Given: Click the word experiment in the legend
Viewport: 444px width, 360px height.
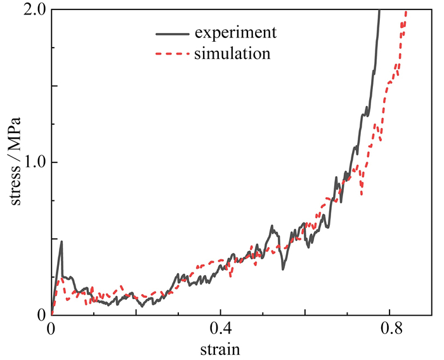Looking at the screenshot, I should [x=236, y=32].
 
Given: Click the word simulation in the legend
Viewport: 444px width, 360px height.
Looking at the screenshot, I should [x=233, y=54].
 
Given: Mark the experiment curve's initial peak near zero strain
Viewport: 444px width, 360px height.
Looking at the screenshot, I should [x=62, y=241].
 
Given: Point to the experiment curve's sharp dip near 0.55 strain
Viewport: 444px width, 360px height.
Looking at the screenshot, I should [x=283, y=269].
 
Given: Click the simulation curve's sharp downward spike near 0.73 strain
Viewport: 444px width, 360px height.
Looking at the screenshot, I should [x=362, y=194].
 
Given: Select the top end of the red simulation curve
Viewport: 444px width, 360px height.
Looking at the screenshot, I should [x=405, y=11].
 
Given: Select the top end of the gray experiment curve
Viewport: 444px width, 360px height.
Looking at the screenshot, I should [x=379, y=11].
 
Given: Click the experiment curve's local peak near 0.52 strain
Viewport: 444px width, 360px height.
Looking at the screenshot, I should [x=271, y=226].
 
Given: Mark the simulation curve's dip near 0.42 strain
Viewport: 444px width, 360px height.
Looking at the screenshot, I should [x=230, y=276].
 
